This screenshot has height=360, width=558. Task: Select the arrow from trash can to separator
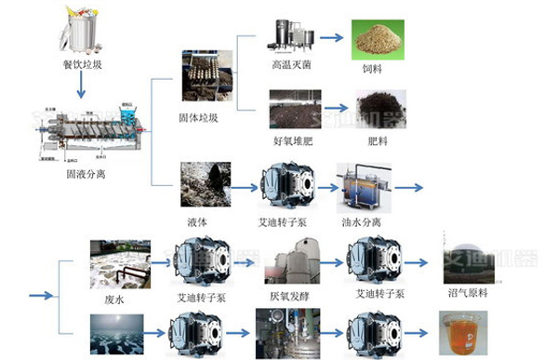tap(81, 86)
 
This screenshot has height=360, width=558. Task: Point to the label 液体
tap(197, 221)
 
